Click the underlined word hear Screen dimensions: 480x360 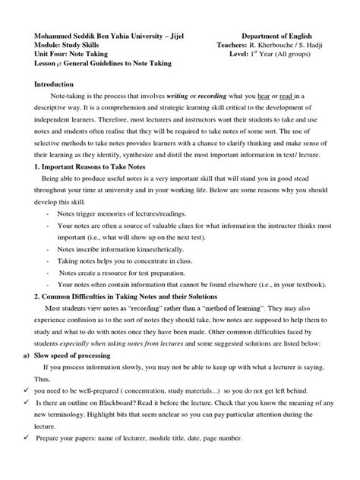pos(283,97)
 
